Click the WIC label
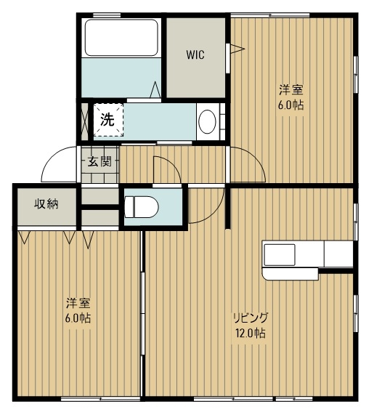195,54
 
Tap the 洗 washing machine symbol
108,120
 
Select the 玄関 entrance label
99,161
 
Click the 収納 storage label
46,204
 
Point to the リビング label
251,318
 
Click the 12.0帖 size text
251,334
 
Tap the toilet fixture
142,207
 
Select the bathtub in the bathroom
121,38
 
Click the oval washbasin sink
207,122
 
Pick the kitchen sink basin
280,255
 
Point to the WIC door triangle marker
237,49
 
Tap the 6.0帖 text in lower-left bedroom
78,318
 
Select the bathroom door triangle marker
155,89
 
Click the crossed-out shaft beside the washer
84,121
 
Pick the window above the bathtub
107,15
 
